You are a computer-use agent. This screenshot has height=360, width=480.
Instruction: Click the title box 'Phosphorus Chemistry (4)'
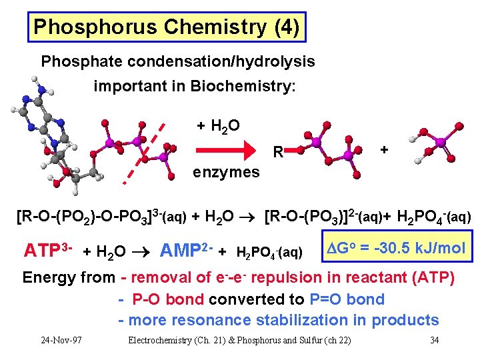pyautogui.click(x=167, y=27)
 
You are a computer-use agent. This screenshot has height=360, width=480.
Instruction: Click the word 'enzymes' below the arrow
pyautogui.click(x=227, y=173)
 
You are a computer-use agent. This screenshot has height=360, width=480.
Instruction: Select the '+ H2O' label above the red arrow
pyautogui.click(x=219, y=125)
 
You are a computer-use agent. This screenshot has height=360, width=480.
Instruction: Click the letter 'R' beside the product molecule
pyautogui.click(x=278, y=153)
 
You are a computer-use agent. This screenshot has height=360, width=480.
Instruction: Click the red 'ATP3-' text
pyautogui.click(x=47, y=251)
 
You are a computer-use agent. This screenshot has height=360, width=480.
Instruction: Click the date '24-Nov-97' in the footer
pyautogui.click(x=61, y=341)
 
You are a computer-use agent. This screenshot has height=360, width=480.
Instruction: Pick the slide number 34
pyautogui.click(x=434, y=341)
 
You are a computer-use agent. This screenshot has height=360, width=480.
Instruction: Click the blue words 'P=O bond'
pyautogui.click(x=347, y=299)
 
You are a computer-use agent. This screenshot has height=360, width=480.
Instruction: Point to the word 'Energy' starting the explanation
pyautogui.click(x=49, y=277)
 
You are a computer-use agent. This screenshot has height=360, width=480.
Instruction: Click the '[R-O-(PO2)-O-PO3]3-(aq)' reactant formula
pyautogui.click(x=101, y=217)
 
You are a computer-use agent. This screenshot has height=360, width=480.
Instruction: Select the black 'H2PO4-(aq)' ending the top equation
pyautogui.click(x=434, y=217)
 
